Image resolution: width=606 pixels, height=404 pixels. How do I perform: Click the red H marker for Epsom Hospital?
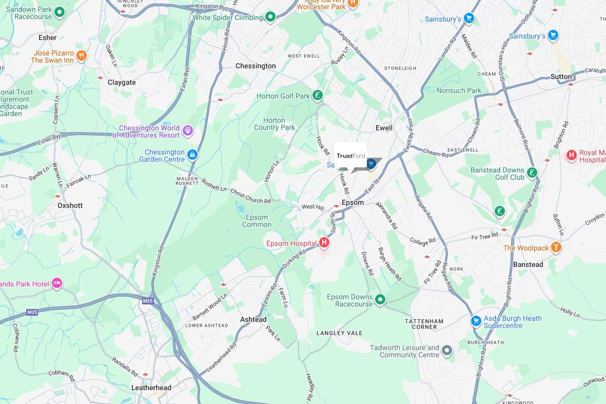pyautogui.click(x=324, y=242)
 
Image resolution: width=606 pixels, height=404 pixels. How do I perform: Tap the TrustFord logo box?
pyautogui.click(x=350, y=156)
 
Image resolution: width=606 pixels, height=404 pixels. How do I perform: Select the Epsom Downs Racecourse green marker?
pyautogui.click(x=380, y=299)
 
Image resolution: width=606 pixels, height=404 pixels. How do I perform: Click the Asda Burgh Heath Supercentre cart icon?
pyautogui.click(x=476, y=321)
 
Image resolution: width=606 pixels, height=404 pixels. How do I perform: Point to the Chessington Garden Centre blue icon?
pyautogui.click(x=192, y=155)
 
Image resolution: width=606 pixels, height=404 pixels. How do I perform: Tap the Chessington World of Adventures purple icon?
pyautogui.click(x=188, y=130)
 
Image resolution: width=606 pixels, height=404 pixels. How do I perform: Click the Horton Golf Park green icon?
pyautogui.click(x=318, y=95)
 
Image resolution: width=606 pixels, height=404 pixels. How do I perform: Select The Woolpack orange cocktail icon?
pyautogui.click(x=556, y=248)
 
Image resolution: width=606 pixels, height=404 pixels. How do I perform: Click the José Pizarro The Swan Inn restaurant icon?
pyautogui.click(x=81, y=55)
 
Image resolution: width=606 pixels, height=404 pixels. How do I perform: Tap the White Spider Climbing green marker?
pyautogui.click(x=270, y=17)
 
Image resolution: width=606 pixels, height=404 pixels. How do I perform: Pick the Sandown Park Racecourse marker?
pyautogui.click(x=60, y=12)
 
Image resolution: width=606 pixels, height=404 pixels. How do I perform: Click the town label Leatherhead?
pyautogui.click(x=151, y=388)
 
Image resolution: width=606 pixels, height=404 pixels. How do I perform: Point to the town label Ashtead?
pyautogui.click(x=253, y=319)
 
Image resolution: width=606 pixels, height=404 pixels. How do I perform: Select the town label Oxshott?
pyautogui.click(x=70, y=205)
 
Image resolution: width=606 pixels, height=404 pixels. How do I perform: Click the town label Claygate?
pyautogui.click(x=122, y=82)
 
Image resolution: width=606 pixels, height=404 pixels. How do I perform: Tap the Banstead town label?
pyautogui.click(x=528, y=264)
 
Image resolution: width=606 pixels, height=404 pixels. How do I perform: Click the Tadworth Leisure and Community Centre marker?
pyautogui.click(x=447, y=351)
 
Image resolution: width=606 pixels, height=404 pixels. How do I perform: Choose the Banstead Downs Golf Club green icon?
pyautogui.click(x=533, y=172)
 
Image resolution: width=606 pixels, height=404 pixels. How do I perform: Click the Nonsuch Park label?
pyautogui.click(x=459, y=90)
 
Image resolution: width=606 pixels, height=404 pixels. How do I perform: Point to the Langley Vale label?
pyautogui.click(x=339, y=333)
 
